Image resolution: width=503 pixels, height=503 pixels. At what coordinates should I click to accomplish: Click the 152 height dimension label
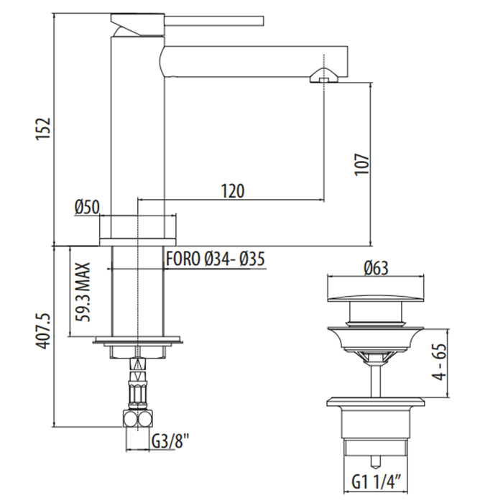[44, 129]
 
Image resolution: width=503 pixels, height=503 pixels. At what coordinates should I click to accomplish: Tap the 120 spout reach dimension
[232, 190]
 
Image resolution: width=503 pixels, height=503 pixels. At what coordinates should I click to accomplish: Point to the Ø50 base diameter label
[86, 207]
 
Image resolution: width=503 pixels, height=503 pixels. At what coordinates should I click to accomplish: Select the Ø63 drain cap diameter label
[375, 269]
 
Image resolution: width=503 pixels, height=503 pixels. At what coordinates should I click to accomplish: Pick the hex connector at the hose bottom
[137, 420]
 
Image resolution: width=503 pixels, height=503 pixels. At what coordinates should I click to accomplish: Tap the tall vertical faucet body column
[136, 129]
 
